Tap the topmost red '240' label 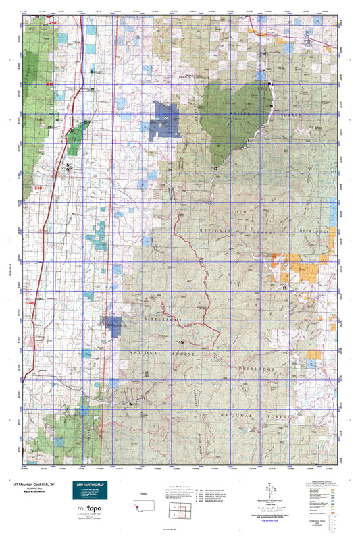click(53, 22)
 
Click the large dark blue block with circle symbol click(165, 119)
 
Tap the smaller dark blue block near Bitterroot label click(113, 326)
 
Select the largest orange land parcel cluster click(297, 268)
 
